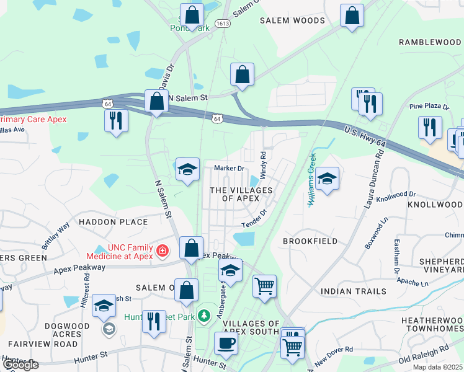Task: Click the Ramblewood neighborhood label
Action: click(431, 42)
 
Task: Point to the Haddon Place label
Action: click(113, 221)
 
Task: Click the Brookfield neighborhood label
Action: click(310, 241)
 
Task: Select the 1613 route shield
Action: click(223, 23)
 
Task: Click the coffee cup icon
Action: click(226, 343)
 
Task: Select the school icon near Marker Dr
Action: click(187, 170)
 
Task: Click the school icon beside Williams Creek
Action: click(327, 179)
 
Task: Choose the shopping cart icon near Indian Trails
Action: click(265, 286)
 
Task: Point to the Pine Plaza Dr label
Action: click(429, 107)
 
